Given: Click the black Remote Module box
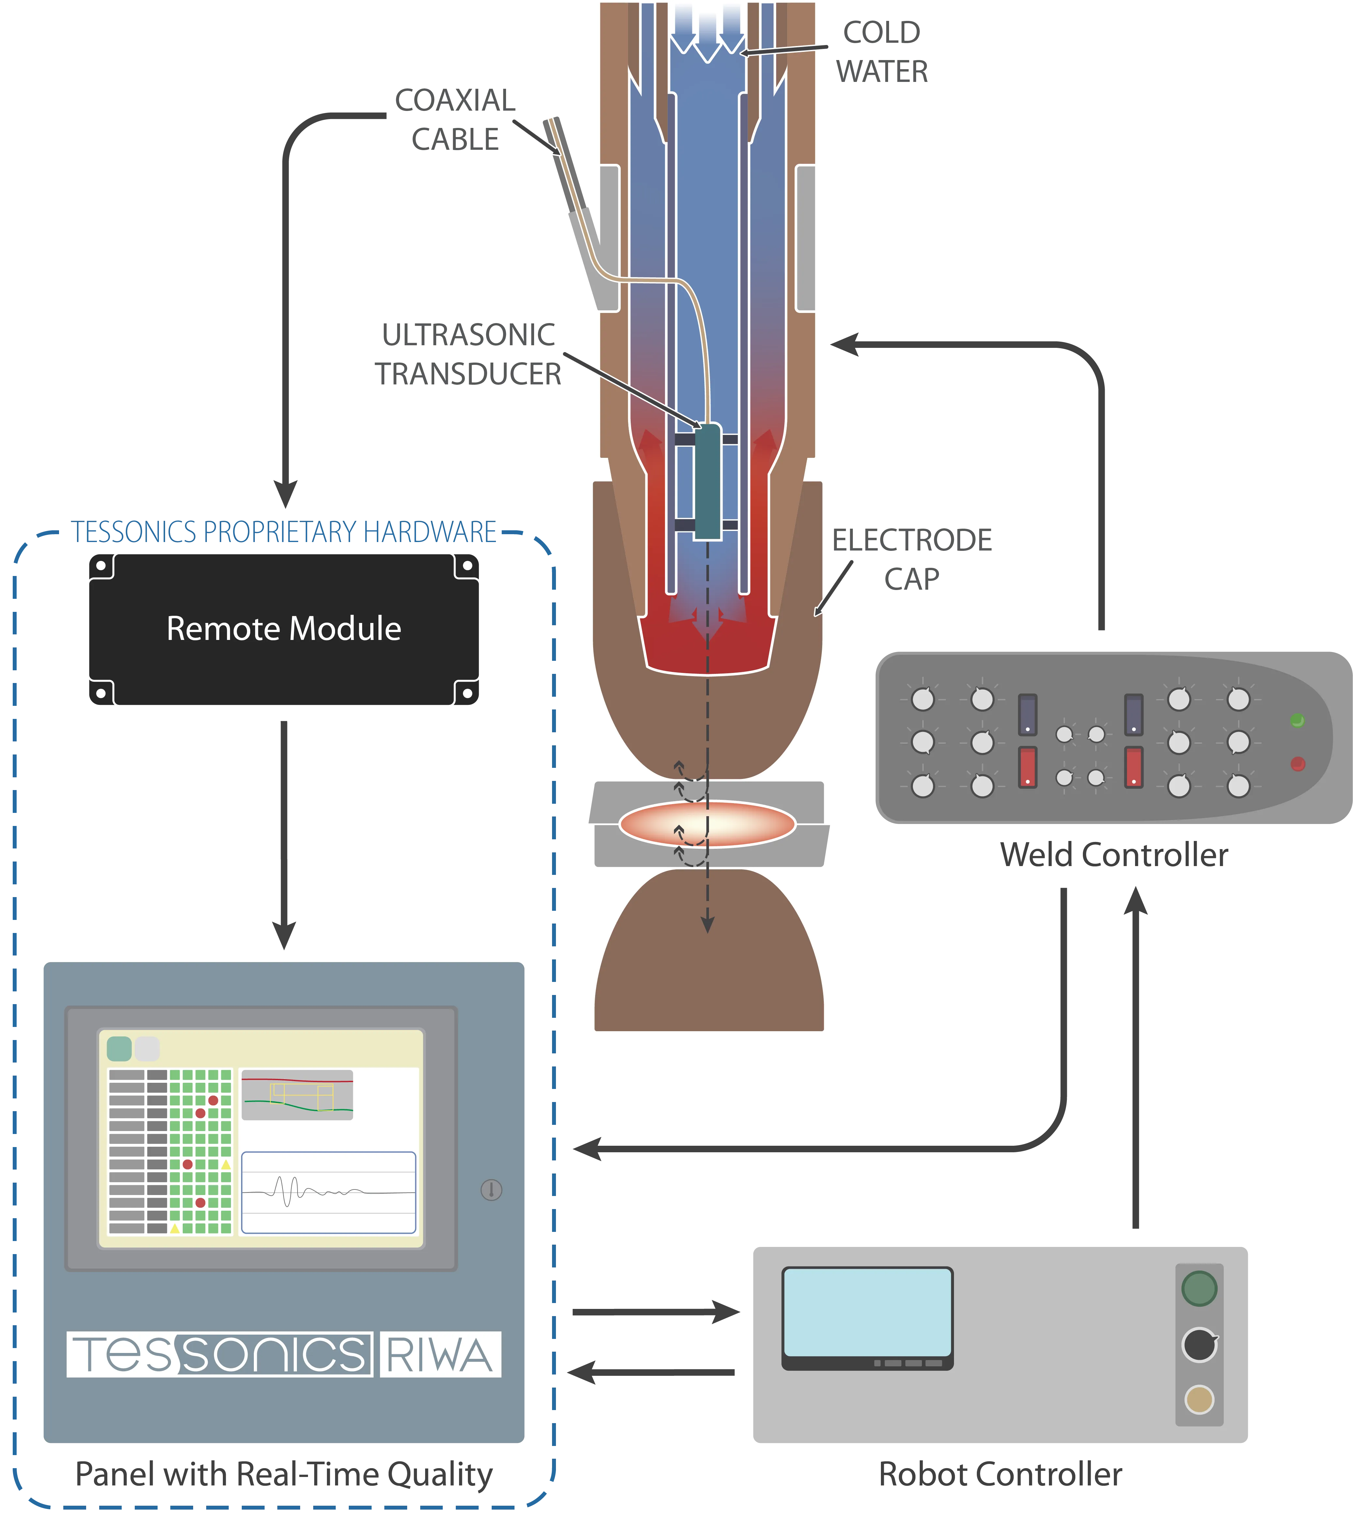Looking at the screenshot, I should [x=284, y=629].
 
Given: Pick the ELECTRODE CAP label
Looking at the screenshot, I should [x=912, y=558].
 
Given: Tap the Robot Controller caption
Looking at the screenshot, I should [x=999, y=1474].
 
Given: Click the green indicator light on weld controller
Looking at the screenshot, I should [x=1297, y=720].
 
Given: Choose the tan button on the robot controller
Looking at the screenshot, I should [x=1199, y=1400].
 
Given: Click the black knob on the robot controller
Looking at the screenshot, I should [x=1199, y=1344].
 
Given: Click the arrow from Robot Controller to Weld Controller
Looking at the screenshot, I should [x=1135, y=1057].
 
